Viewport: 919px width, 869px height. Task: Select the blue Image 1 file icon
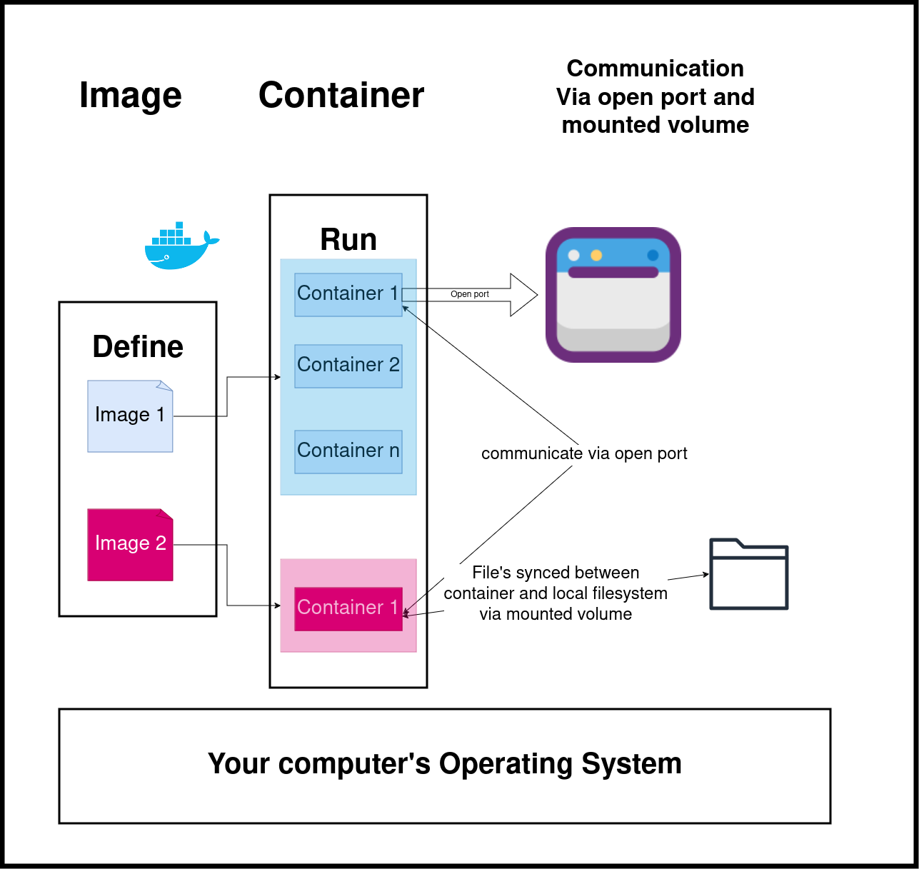point(130,416)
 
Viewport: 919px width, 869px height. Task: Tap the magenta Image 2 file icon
point(130,544)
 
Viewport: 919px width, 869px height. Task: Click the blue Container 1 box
point(348,294)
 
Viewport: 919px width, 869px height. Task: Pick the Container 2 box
point(348,366)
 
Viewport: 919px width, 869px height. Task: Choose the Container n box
point(348,451)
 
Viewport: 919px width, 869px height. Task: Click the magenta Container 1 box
point(348,608)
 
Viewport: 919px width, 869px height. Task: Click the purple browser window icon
point(613,295)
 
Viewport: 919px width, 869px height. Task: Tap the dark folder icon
point(748,574)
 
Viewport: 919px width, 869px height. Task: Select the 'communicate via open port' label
point(584,453)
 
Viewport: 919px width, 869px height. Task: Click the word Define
point(138,347)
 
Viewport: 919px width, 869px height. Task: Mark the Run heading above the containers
point(348,240)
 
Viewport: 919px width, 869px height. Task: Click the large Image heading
point(131,95)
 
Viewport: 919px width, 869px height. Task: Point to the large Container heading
point(341,95)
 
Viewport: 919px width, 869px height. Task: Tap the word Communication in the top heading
point(655,69)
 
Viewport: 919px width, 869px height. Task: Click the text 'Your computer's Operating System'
point(444,763)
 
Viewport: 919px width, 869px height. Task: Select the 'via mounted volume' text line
point(556,614)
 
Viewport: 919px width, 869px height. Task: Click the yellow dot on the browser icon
point(596,256)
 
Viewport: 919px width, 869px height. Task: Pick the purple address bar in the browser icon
point(613,272)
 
